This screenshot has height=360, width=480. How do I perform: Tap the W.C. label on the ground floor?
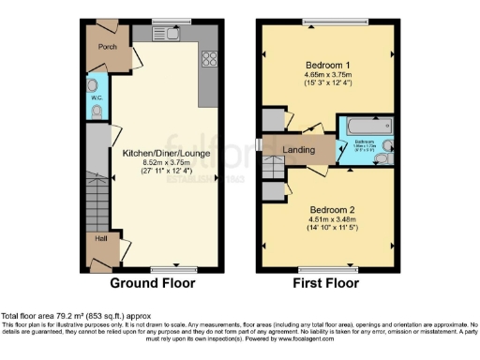(97, 97)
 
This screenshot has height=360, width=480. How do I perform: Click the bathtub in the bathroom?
(367, 126)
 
